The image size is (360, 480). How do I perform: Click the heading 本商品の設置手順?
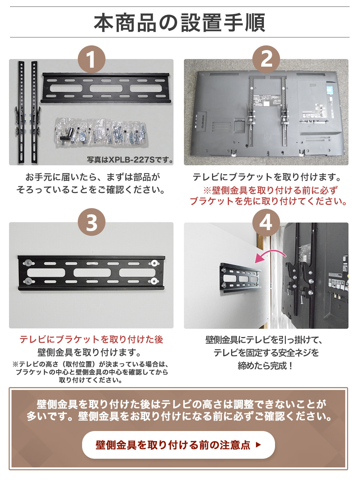coord(180,23)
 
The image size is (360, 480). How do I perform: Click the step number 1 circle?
coord(91,59)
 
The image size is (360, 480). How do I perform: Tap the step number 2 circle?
coord(266,59)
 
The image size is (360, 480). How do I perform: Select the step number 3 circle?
coord(91,222)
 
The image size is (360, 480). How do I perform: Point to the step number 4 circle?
coord(266,222)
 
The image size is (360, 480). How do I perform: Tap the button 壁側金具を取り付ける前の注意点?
coord(178,445)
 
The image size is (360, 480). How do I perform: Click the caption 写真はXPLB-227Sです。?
coord(130,160)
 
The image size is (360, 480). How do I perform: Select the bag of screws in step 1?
coord(101,133)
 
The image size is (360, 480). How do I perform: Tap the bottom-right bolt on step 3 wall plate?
coord(154,281)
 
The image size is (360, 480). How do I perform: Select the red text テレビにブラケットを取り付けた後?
coord(91,340)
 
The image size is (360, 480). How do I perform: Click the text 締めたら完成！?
coord(266,366)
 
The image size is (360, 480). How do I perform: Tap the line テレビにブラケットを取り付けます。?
coord(266,177)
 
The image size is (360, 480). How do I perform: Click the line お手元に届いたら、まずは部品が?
coord(93,177)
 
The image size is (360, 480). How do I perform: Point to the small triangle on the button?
coord(258,445)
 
